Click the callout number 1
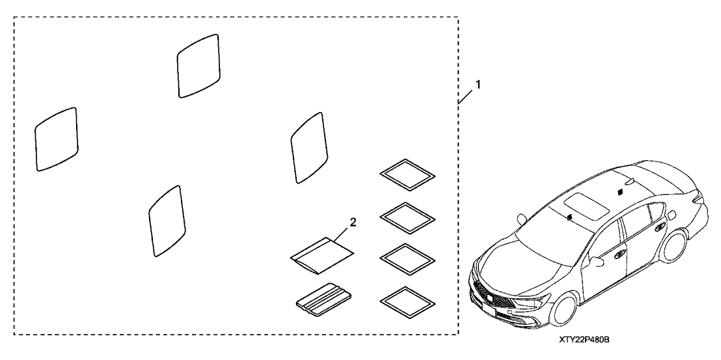tap(478, 85)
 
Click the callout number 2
tap(353, 223)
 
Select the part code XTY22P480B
tap(584, 340)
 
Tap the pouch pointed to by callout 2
tap(322, 255)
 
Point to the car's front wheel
tap(565, 309)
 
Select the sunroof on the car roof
tap(586, 205)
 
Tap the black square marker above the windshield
tap(569, 217)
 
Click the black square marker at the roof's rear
tap(620, 191)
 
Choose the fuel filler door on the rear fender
tap(672, 215)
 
